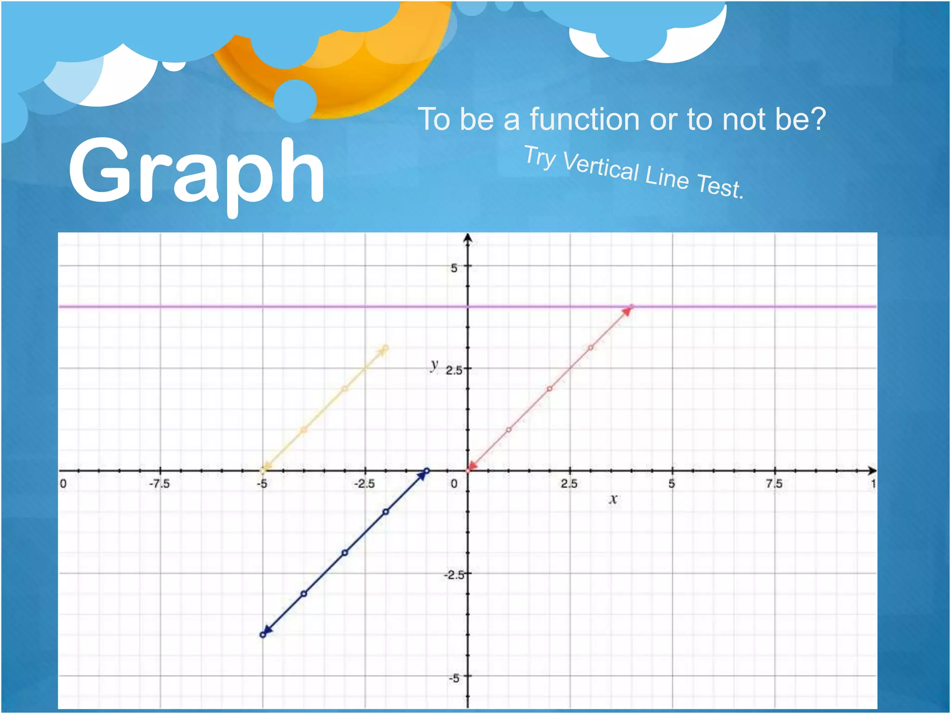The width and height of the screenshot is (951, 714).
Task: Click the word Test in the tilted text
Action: pyautogui.click(x=720, y=185)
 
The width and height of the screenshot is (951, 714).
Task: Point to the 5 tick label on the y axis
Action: pyautogui.click(x=454, y=268)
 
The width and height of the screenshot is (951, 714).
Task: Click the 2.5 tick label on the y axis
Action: pyautogui.click(x=454, y=370)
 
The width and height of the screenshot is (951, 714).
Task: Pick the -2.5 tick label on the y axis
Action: pyautogui.click(x=453, y=575)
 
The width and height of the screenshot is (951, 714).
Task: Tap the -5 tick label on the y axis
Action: pyautogui.click(x=454, y=678)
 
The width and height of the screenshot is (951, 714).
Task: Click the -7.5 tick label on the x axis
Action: pyautogui.click(x=159, y=484)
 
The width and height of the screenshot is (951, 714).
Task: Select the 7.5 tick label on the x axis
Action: pyautogui.click(x=774, y=484)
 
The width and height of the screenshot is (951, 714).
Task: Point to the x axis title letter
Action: pyautogui.click(x=613, y=499)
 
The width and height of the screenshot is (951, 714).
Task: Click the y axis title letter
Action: pyautogui.click(x=434, y=365)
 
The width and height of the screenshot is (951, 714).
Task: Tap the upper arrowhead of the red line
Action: pyautogui.click(x=627, y=311)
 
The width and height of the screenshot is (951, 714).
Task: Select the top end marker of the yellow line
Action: pyautogui.click(x=385, y=348)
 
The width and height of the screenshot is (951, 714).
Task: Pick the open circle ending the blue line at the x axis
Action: pyautogui.click(x=427, y=471)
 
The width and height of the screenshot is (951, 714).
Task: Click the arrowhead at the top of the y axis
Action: pyautogui.click(x=468, y=238)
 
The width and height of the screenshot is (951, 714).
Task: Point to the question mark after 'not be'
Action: pyautogui.click(x=818, y=119)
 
